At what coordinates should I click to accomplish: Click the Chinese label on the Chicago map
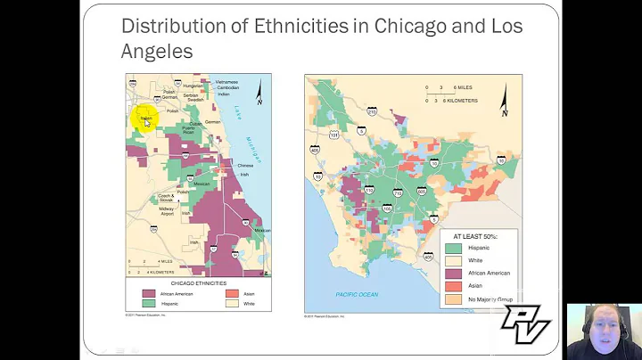pyautogui.click(x=245, y=165)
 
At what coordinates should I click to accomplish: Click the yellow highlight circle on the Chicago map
pyautogui.click(x=145, y=117)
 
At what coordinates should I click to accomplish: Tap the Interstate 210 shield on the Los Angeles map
pyautogui.click(x=372, y=111)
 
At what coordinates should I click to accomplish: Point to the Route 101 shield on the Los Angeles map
pyautogui.click(x=333, y=134)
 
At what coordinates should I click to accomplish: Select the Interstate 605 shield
pyautogui.click(x=420, y=192)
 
